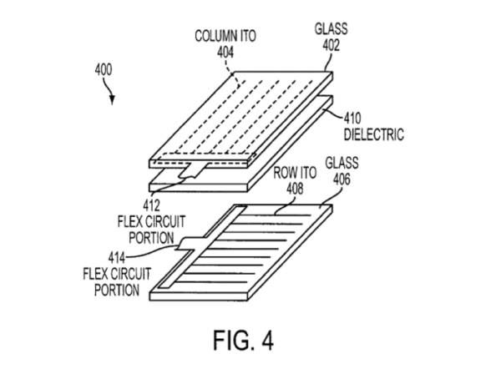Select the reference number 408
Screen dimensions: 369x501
click(x=290, y=190)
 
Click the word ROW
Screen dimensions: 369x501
click(x=282, y=177)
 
